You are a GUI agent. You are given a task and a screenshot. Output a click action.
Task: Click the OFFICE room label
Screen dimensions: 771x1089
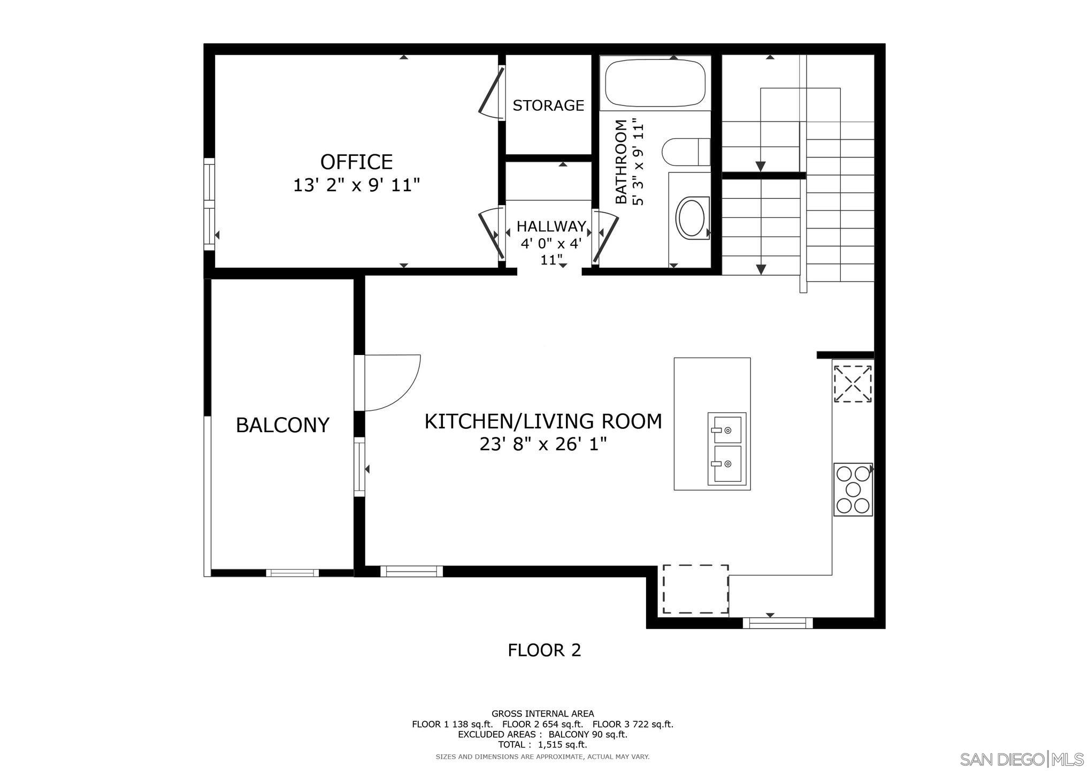[356, 162]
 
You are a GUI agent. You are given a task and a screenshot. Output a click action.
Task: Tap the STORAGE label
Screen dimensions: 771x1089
[548, 105]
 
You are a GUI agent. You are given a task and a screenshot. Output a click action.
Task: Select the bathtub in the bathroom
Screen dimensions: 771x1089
[655, 84]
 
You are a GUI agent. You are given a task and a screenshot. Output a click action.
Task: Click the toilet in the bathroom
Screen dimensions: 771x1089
[685, 152]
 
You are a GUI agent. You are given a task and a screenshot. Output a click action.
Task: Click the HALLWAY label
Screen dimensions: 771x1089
[551, 226]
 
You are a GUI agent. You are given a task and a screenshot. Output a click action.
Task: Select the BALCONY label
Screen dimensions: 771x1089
[282, 425]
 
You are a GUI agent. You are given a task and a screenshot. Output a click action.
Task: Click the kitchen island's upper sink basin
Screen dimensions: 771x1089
[727, 428]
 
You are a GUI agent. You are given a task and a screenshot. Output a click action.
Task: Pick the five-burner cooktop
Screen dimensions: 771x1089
[853, 489]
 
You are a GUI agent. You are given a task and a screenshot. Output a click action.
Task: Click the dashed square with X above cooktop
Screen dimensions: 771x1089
[853, 383]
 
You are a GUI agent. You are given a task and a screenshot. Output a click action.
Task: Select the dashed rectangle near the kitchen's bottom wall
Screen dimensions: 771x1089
[695, 589]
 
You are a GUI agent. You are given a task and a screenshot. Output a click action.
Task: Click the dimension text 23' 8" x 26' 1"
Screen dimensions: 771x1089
[543, 444]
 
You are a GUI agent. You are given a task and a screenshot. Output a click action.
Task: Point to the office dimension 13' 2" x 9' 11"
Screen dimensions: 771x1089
[356, 186]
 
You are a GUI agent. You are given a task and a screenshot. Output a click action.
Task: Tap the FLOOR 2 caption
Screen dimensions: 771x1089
[544, 650]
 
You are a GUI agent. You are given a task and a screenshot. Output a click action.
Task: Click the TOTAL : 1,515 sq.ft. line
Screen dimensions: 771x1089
[542, 745]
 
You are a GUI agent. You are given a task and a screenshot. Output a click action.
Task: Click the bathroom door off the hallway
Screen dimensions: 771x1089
[605, 240]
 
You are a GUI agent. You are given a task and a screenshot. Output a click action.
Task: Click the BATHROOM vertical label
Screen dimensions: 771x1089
[620, 162]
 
